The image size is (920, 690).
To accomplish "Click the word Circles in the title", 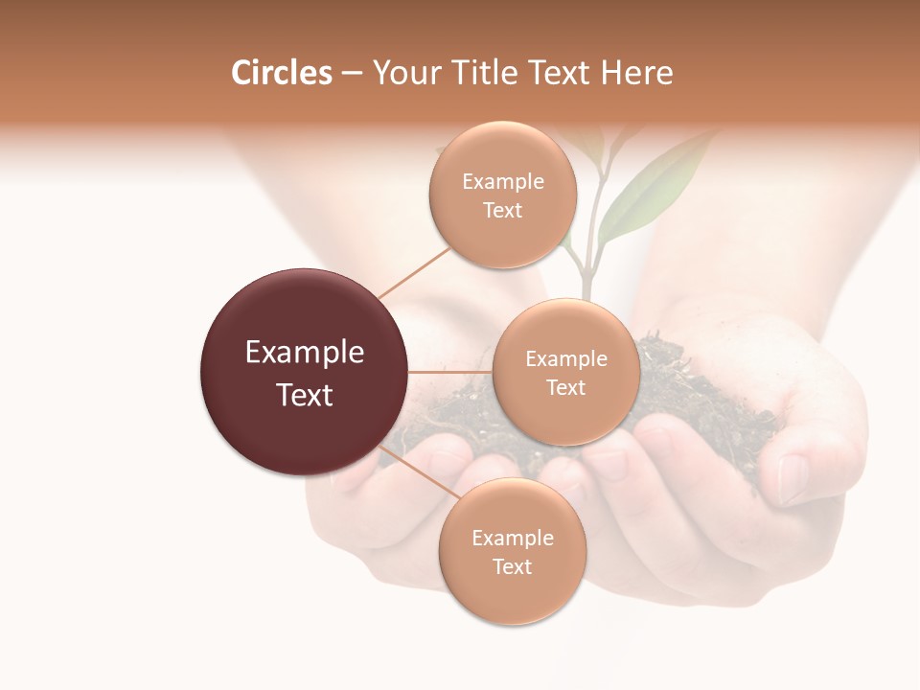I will [281, 73].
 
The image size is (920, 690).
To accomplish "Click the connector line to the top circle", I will [414, 273].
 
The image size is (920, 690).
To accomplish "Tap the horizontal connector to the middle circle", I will [450, 372].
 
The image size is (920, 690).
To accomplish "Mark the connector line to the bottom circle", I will [418, 472].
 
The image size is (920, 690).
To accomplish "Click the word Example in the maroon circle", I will [305, 353].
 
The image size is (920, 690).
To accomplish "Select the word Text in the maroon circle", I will [305, 395].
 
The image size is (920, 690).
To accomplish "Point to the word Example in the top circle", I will [503, 182].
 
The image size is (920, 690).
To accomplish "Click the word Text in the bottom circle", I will [512, 566].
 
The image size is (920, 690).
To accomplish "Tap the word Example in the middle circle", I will [566, 359].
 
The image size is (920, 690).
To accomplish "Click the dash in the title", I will [351, 74].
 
